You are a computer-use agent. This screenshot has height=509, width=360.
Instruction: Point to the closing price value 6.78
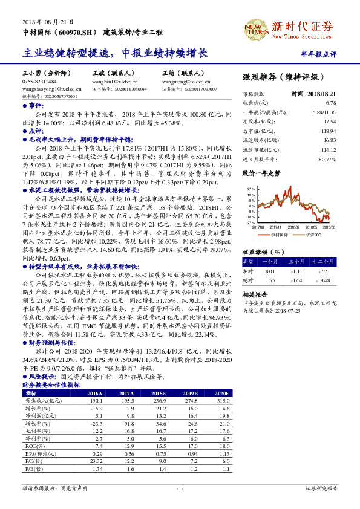point(330,103)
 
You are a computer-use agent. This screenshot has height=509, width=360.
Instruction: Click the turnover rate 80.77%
point(327,159)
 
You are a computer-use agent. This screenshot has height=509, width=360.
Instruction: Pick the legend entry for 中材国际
point(279,233)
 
